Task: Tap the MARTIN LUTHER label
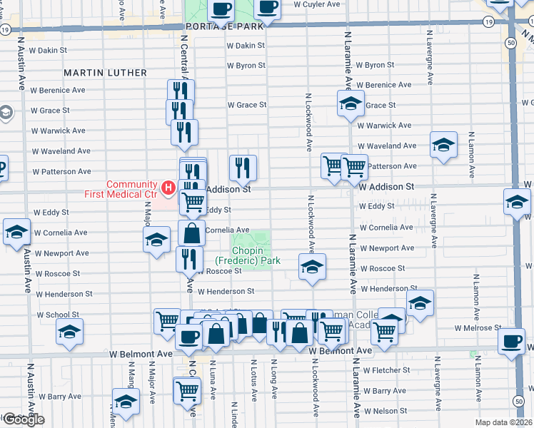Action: pos(105,73)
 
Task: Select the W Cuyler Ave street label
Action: pos(316,4)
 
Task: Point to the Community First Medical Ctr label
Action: pos(131,189)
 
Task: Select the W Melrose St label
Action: pos(478,328)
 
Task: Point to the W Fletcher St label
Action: pos(386,370)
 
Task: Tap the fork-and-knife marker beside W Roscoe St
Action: pos(189,258)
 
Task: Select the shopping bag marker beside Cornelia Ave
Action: pos(191,233)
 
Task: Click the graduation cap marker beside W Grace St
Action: pos(351,103)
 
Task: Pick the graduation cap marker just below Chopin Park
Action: pos(312,266)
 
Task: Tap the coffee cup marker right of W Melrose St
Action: pos(513,341)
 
